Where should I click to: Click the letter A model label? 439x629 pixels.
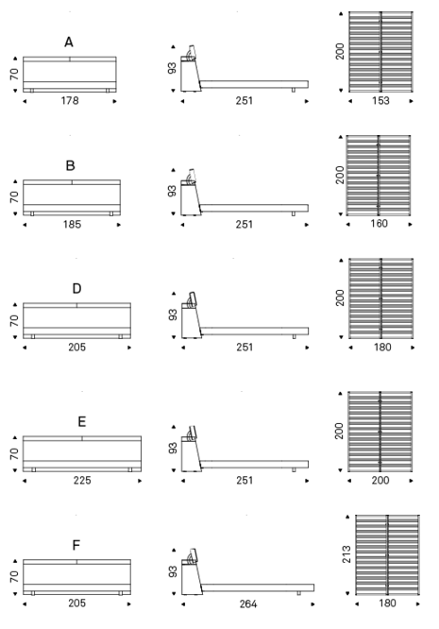(69, 42)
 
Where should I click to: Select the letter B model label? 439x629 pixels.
(70, 165)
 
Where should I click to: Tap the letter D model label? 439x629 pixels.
(76, 288)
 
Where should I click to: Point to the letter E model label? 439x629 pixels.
(82, 421)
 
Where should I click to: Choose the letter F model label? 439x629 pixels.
(76, 545)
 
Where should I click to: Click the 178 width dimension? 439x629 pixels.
(70, 100)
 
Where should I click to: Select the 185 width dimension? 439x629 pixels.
(72, 224)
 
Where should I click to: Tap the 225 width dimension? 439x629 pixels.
(82, 480)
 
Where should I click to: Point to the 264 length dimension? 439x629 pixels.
(248, 603)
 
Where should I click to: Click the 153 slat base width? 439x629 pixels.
(380, 100)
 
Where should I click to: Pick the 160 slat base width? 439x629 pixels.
(379, 223)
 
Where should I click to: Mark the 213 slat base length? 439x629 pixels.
(346, 554)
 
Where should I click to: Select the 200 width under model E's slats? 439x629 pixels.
(380, 480)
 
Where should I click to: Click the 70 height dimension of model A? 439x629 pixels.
(14, 75)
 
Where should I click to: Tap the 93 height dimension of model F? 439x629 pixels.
(173, 571)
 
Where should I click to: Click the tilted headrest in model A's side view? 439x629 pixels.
(192, 51)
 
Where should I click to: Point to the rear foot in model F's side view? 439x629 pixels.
(298, 593)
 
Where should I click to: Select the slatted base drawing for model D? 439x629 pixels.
(380, 298)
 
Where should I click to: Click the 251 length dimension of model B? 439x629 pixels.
(245, 224)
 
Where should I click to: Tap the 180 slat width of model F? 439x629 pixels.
(387, 603)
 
